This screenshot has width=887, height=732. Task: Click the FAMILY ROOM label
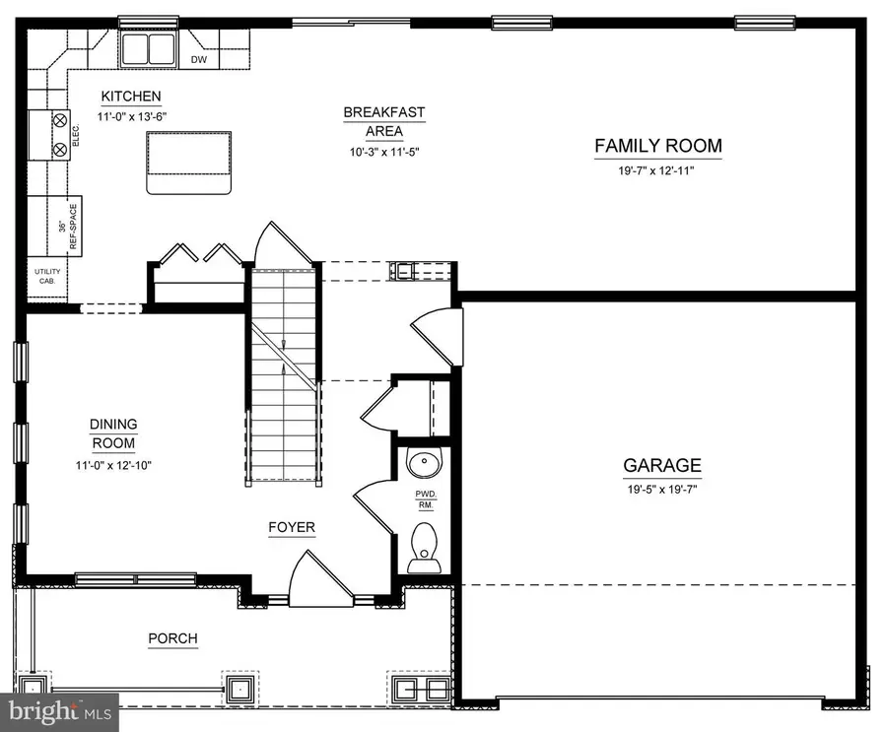[x=657, y=147]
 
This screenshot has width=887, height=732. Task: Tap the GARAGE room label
[x=661, y=465]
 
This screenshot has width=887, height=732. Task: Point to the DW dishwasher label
[x=199, y=58]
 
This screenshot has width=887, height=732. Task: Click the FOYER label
[x=292, y=527]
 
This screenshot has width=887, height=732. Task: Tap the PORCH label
[x=172, y=638]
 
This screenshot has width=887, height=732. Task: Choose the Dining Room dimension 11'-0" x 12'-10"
[x=113, y=465]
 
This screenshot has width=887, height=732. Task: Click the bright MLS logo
[x=59, y=711]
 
